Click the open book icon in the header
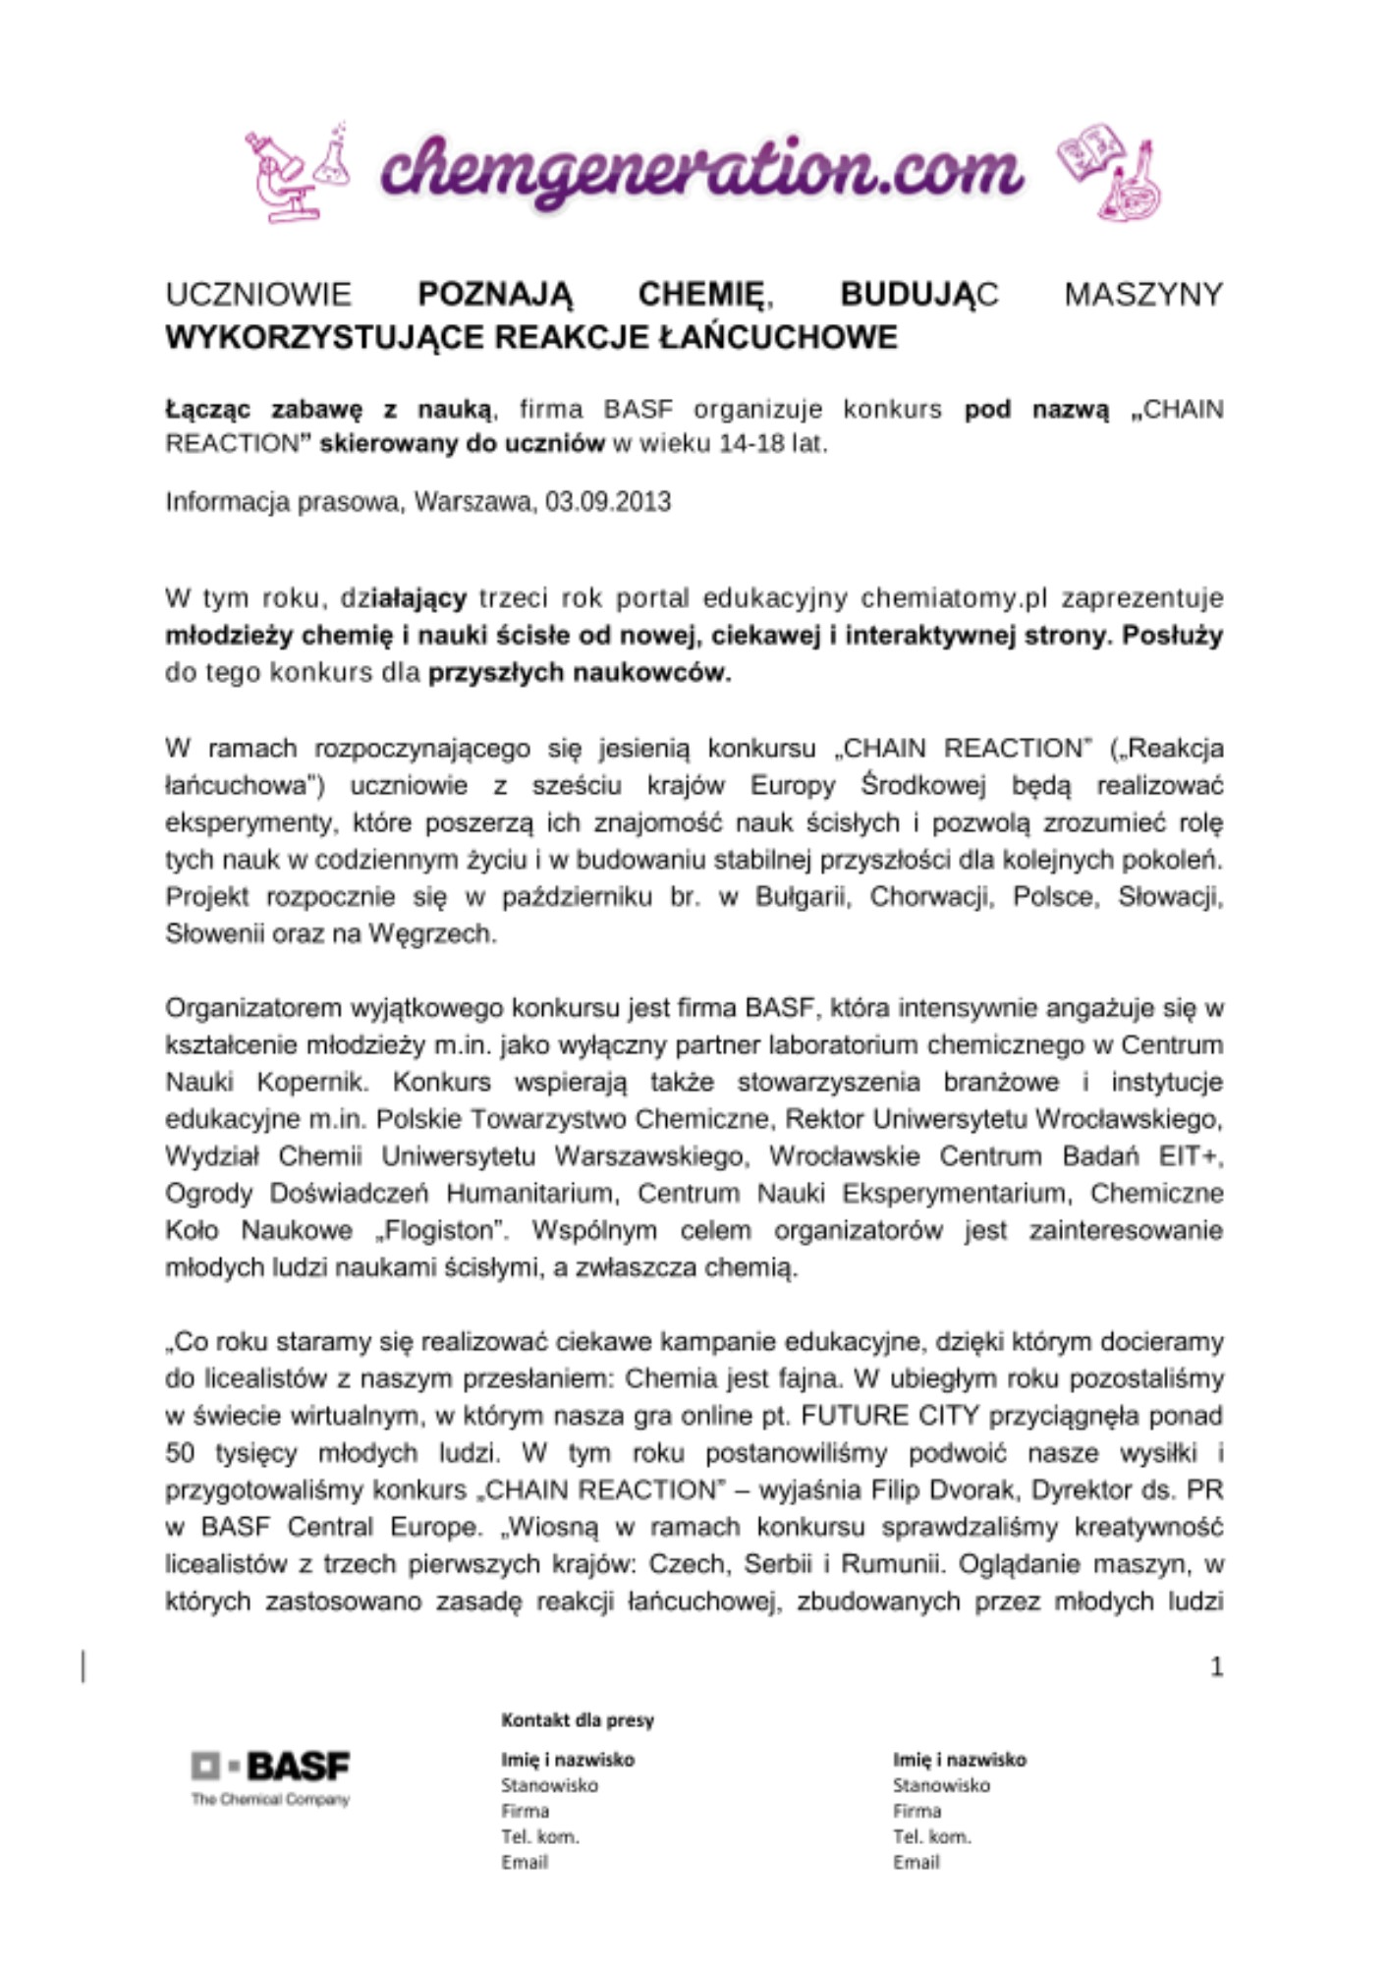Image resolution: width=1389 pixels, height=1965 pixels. [x=1089, y=153]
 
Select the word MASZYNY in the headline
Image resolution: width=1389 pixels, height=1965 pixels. [x=1142, y=294]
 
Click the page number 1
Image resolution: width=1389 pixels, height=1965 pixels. [x=1216, y=1666]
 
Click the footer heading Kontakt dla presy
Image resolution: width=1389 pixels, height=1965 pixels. [x=578, y=1719]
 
